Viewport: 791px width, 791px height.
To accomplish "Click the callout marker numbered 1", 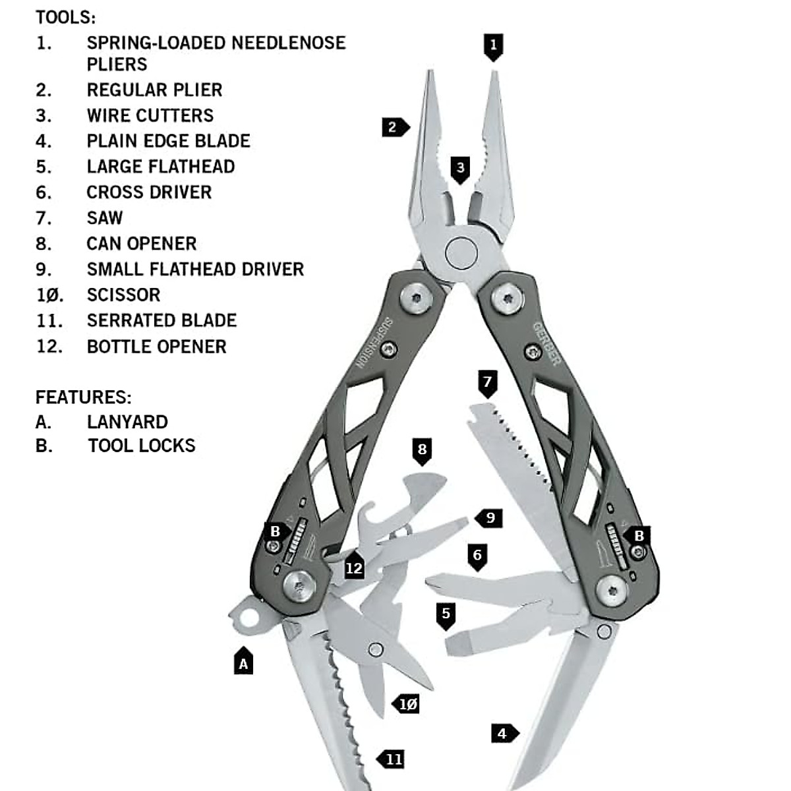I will [493, 46].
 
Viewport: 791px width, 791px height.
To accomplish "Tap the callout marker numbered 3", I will [460, 169].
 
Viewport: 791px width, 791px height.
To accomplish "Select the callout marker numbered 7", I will [487, 382].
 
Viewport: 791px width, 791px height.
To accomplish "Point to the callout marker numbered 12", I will [355, 568].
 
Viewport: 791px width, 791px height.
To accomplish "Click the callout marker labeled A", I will [243, 662].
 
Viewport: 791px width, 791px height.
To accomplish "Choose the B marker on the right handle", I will [637, 535].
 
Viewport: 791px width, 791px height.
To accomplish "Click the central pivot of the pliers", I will [461, 251].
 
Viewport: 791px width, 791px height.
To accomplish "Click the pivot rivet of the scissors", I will [376, 649].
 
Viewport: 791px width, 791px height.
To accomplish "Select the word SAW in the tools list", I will [105, 218].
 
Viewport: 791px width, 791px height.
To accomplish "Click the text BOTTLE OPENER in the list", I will [156, 347].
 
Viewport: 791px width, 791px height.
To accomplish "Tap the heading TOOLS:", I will [65, 17].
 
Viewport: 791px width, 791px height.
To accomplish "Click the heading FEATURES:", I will [83, 397].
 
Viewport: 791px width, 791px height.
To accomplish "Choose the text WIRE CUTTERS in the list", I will [150, 115].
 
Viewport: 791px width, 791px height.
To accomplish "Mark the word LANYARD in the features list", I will [127, 422].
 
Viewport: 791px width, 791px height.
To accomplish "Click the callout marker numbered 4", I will [504, 733].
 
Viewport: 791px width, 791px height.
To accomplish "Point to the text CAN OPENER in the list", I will [142, 244].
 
